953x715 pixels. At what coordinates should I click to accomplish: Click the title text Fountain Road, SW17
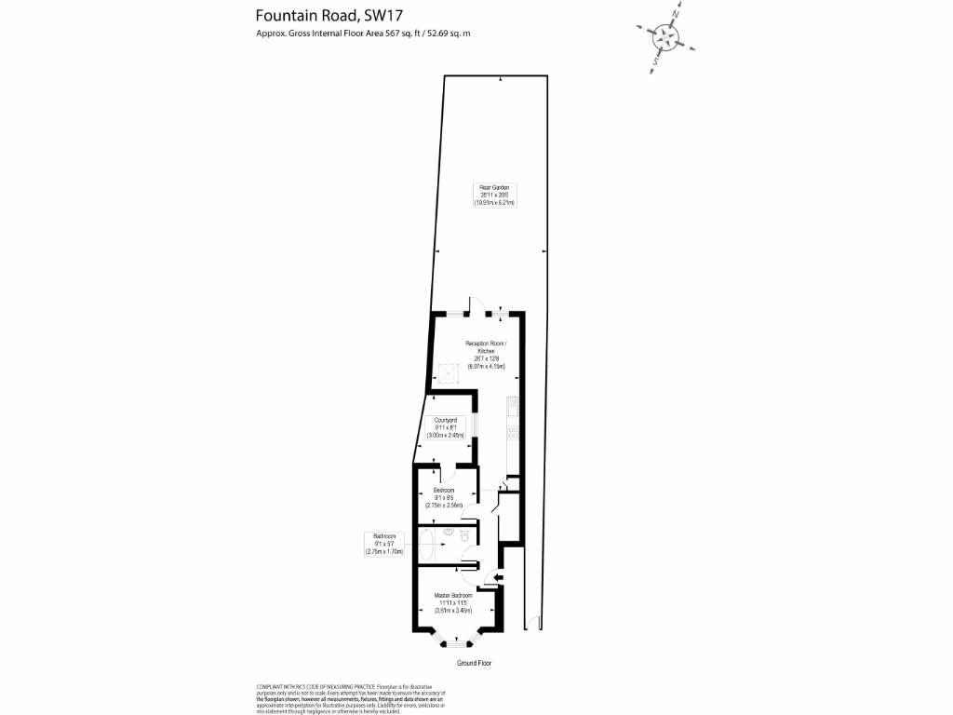[x=310, y=16]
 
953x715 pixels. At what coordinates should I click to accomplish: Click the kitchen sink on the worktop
[x=513, y=407]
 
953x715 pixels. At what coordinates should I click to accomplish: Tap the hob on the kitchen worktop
[x=513, y=432]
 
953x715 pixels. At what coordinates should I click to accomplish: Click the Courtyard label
[x=445, y=421]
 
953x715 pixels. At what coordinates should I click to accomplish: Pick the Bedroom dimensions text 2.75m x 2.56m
[x=445, y=505]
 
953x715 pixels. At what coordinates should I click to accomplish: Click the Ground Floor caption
[x=474, y=663]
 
